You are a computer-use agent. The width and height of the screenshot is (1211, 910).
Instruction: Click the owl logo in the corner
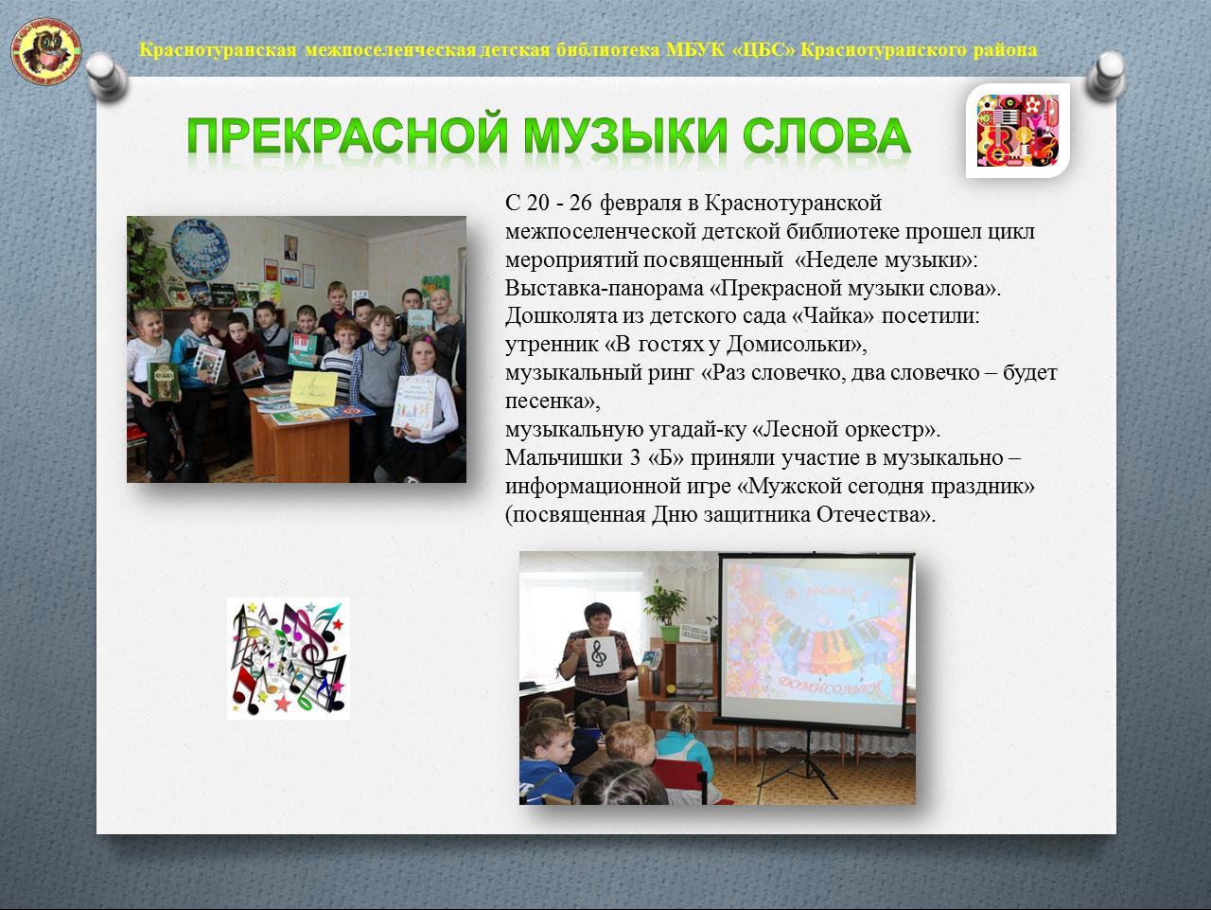pyautogui.click(x=46, y=51)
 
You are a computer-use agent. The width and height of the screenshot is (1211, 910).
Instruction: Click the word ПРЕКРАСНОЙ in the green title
pyautogui.click(x=346, y=135)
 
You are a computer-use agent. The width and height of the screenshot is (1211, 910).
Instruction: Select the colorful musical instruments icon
pyautogui.click(x=1018, y=131)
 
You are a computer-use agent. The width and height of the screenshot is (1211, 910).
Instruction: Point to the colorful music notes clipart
pyautogui.click(x=289, y=658)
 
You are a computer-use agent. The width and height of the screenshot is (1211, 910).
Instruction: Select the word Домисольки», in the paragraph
pyautogui.click(x=797, y=345)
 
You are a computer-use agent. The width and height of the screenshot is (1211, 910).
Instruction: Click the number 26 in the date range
pyautogui.click(x=580, y=204)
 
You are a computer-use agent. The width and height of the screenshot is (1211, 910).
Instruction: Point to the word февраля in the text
pyautogui.click(x=641, y=205)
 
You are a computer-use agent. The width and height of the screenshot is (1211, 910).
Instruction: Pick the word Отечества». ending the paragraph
pyautogui.click(x=876, y=514)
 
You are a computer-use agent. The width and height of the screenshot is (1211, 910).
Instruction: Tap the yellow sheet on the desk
pyautogui.click(x=313, y=388)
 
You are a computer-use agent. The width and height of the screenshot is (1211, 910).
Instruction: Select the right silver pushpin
pyautogui.click(x=1106, y=77)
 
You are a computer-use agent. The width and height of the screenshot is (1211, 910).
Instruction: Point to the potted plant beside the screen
pyautogui.click(x=666, y=610)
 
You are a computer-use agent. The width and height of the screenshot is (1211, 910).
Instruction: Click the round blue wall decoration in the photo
pyautogui.click(x=200, y=249)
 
